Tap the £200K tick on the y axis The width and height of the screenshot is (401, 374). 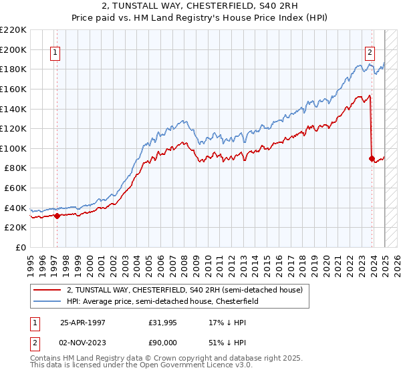[x=13, y=49]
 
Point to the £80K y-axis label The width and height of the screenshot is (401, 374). [x=15, y=168]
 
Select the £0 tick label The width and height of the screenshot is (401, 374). [x=21, y=247]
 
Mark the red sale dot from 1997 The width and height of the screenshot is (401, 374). [x=57, y=216]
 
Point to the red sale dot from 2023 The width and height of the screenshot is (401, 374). [x=372, y=158]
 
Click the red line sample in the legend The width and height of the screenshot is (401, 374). [x=47, y=290]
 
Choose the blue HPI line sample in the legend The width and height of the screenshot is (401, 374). [x=47, y=302]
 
